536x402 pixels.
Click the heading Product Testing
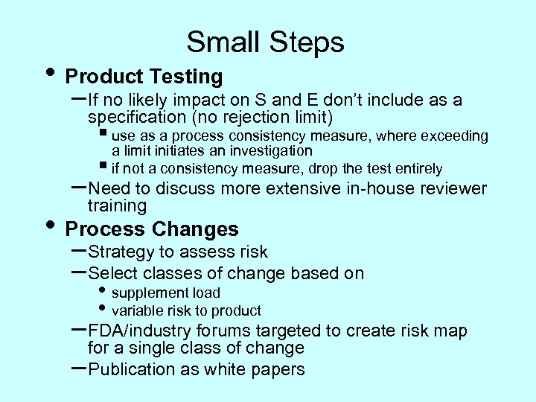pos(144,76)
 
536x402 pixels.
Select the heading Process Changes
pos(152,229)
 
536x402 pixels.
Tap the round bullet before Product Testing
pos(50,73)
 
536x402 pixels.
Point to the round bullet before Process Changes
pos(50,226)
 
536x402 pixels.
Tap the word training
pos(117,205)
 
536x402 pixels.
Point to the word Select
pos(112,273)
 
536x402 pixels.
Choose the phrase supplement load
pos(165,293)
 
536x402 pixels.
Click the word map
pos(450,331)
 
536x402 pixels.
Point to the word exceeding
pos(454,135)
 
